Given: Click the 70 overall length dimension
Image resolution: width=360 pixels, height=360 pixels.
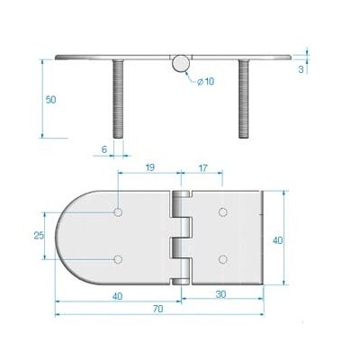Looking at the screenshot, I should click(157, 309).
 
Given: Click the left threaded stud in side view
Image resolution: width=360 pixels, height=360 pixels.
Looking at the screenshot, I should click(118, 99).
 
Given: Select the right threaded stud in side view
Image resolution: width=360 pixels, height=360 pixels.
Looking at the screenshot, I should click(243, 99).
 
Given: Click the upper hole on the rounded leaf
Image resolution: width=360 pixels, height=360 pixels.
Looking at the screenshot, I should click(119, 213).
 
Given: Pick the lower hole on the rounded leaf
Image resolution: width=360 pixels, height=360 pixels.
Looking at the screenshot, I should click(119, 260).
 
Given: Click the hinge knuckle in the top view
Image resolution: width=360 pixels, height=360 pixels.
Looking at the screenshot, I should click(181, 238).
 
